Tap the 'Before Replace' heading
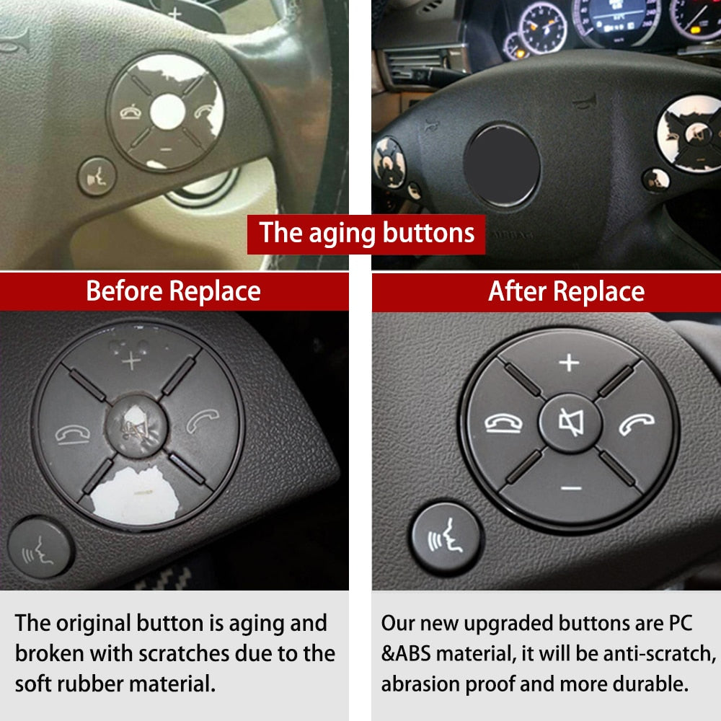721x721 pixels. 173,291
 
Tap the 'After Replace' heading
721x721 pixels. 566,291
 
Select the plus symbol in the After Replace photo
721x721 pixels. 570,362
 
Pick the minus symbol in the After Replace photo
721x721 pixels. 570,488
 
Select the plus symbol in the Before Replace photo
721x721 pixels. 131,360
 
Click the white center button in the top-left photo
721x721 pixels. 167,112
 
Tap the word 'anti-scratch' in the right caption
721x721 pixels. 653,653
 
